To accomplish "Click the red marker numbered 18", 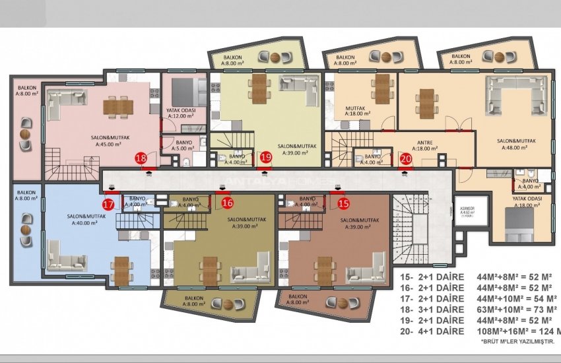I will click(x=141, y=158).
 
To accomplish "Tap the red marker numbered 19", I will click(x=265, y=157).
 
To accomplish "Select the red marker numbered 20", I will click(x=406, y=158).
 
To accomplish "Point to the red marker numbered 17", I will click(x=108, y=205).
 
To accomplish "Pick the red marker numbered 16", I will click(x=228, y=203).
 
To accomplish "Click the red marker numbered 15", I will click(x=342, y=203).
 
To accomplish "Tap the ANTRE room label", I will click(x=424, y=145).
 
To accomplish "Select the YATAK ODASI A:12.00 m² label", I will click(x=182, y=113).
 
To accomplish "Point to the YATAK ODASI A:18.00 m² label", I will click(x=527, y=201).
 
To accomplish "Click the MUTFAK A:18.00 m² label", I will click(x=357, y=110).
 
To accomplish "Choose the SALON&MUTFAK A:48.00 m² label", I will click(x=515, y=144).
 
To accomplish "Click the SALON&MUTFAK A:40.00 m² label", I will click(x=82, y=220).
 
